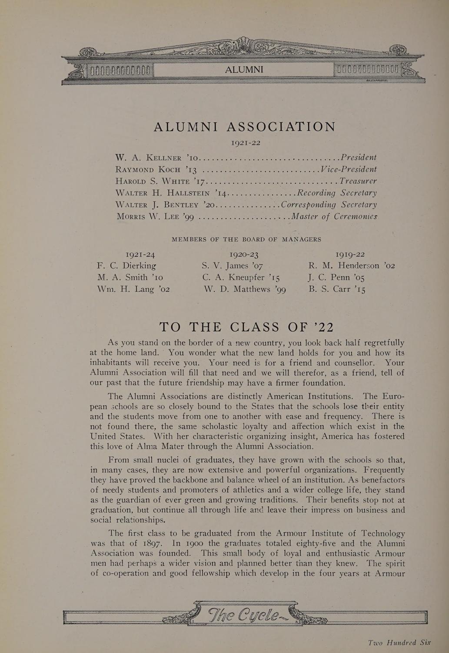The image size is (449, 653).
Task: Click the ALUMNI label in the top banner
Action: click(x=244, y=70)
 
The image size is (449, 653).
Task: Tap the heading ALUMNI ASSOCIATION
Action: click(x=245, y=127)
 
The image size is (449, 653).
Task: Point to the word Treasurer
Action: click(x=358, y=181)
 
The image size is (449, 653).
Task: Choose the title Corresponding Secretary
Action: click(x=329, y=205)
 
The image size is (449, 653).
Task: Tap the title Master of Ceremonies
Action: click(x=334, y=216)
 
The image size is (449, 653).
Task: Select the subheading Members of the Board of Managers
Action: click(x=246, y=239)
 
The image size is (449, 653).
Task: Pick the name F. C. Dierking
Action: click(x=126, y=266)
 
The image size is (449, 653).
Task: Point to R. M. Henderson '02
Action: click(x=352, y=266)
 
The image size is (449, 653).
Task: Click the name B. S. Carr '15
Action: click(x=337, y=289)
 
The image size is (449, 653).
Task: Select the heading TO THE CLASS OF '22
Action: click(x=246, y=327)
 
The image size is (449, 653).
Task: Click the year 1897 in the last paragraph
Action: click(x=153, y=543)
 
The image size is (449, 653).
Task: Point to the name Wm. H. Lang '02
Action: click(x=133, y=289)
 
